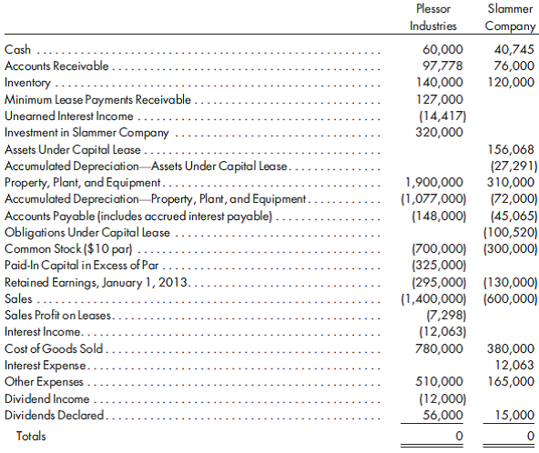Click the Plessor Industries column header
(434, 16)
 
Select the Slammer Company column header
(510, 16)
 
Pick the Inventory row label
(28, 82)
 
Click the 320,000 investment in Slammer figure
(441, 132)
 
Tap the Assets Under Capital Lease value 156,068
(511, 149)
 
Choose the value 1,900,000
(435, 182)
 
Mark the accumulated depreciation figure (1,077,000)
(434, 198)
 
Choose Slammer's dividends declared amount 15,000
(514, 415)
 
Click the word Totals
(29, 437)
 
